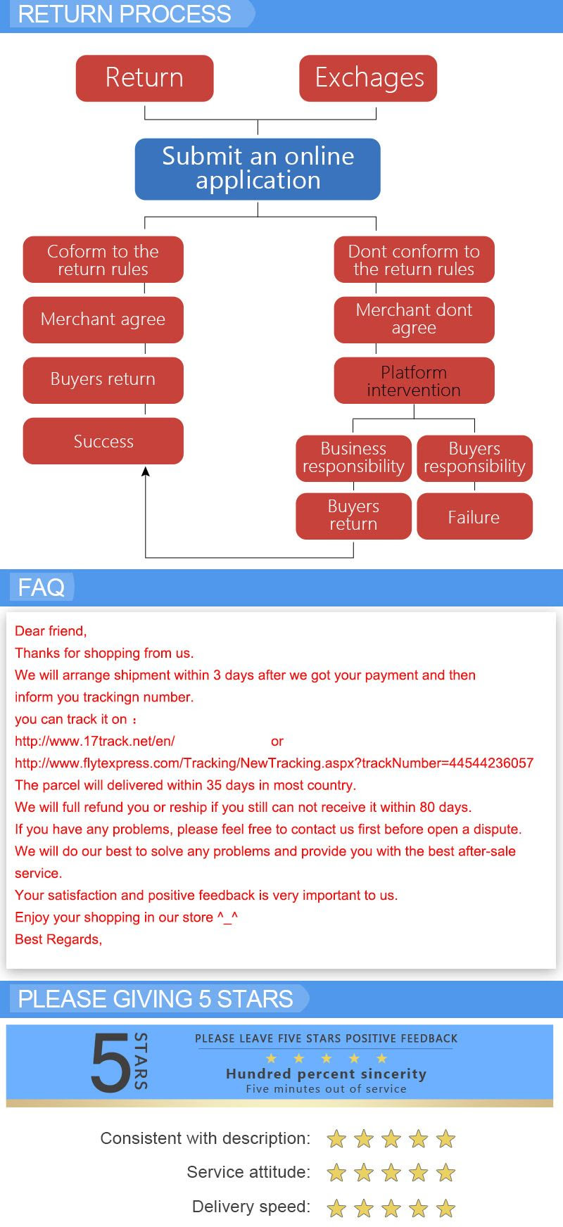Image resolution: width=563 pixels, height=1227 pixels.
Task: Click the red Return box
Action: (x=144, y=78)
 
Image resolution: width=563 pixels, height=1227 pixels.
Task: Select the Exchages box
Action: (x=368, y=78)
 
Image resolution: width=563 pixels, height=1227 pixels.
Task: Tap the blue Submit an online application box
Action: (x=258, y=169)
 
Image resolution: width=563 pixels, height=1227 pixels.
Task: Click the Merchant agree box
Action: (x=103, y=319)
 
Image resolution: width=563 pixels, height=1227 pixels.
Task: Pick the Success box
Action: (x=103, y=441)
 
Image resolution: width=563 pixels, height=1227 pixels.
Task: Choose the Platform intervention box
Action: (x=414, y=381)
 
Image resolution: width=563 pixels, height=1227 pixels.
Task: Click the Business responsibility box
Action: (x=353, y=458)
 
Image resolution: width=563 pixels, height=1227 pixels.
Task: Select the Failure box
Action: (x=474, y=516)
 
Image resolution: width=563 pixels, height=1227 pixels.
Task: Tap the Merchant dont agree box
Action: (x=414, y=319)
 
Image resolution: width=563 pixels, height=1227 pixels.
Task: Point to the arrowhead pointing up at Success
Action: (x=146, y=471)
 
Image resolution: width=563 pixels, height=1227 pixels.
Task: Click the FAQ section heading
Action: (x=41, y=587)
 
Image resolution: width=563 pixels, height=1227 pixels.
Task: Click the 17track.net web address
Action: (x=95, y=741)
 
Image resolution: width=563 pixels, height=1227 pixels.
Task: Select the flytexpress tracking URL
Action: (x=274, y=763)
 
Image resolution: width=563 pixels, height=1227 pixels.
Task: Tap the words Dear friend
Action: (x=51, y=631)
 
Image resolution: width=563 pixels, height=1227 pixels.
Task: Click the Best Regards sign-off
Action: (x=58, y=939)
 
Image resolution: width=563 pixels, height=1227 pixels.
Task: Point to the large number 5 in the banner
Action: (x=110, y=1062)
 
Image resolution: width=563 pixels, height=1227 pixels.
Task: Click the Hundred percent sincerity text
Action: (x=326, y=1074)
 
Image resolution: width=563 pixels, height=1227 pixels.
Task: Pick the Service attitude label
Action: (x=248, y=1172)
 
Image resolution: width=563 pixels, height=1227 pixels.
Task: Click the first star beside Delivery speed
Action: (x=336, y=1209)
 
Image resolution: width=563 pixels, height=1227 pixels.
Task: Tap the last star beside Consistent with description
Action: (x=445, y=1139)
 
